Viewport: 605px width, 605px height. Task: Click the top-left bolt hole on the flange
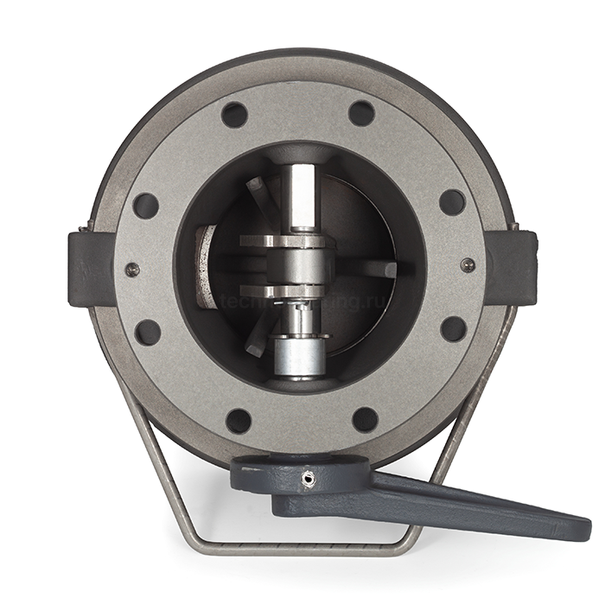coord(234,114)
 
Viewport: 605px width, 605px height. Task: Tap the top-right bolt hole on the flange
coord(361,113)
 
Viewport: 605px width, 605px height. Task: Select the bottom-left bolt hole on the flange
coord(239,421)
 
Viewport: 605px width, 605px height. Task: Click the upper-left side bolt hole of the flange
coord(146,206)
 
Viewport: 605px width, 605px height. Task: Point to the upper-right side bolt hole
coord(452,202)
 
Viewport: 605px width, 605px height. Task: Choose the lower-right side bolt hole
coord(454,328)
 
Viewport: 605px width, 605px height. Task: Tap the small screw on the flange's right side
coord(467,265)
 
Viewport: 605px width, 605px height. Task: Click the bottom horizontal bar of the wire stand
coord(298,548)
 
